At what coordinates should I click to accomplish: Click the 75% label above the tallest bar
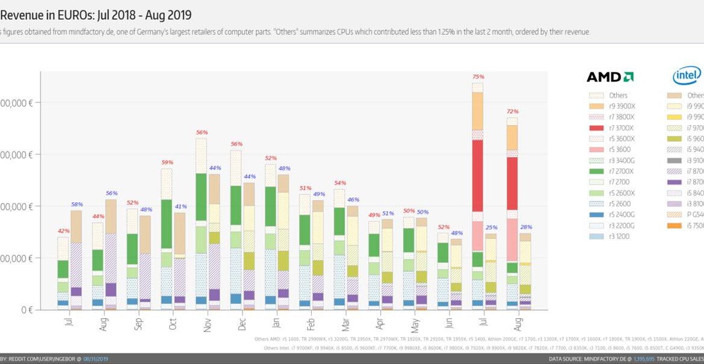tap(478, 77)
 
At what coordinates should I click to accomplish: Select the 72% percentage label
tap(513, 112)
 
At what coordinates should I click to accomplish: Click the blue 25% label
tap(491, 227)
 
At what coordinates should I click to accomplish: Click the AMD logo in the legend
tap(610, 77)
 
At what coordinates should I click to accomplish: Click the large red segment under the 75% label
tap(478, 174)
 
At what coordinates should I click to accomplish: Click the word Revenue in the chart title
tap(21, 14)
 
